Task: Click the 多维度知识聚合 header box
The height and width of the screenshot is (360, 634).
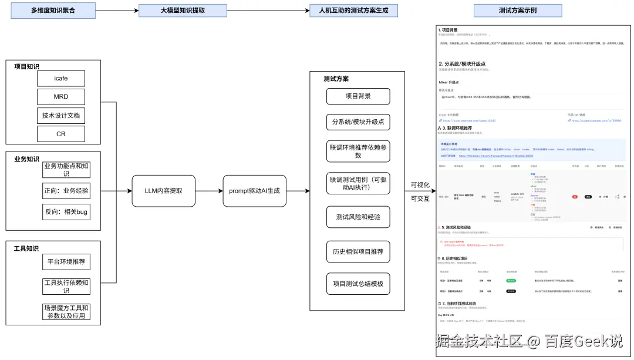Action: coord(53,11)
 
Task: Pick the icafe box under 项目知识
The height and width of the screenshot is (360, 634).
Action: coord(61,78)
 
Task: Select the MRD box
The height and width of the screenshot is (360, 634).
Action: coord(61,96)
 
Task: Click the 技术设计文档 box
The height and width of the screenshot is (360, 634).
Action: coord(61,115)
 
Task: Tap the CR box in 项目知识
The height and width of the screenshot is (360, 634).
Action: coord(61,134)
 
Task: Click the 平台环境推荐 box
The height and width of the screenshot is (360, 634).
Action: coord(66,261)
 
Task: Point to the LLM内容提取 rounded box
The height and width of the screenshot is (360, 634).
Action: coord(163,191)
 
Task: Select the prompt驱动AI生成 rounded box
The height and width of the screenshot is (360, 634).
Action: coord(255,191)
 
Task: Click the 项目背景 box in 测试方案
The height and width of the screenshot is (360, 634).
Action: coord(358,96)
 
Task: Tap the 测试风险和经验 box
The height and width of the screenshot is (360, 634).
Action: coord(358,217)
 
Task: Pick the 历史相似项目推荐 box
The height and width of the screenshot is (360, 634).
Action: coord(358,251)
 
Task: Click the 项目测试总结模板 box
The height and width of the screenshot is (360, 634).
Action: coord(358,284)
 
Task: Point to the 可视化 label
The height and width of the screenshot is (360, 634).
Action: coord(420,185)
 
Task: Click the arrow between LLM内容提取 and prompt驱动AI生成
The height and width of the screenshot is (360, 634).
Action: coord(208,191)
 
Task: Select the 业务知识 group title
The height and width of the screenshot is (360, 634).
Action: coord(27,159)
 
